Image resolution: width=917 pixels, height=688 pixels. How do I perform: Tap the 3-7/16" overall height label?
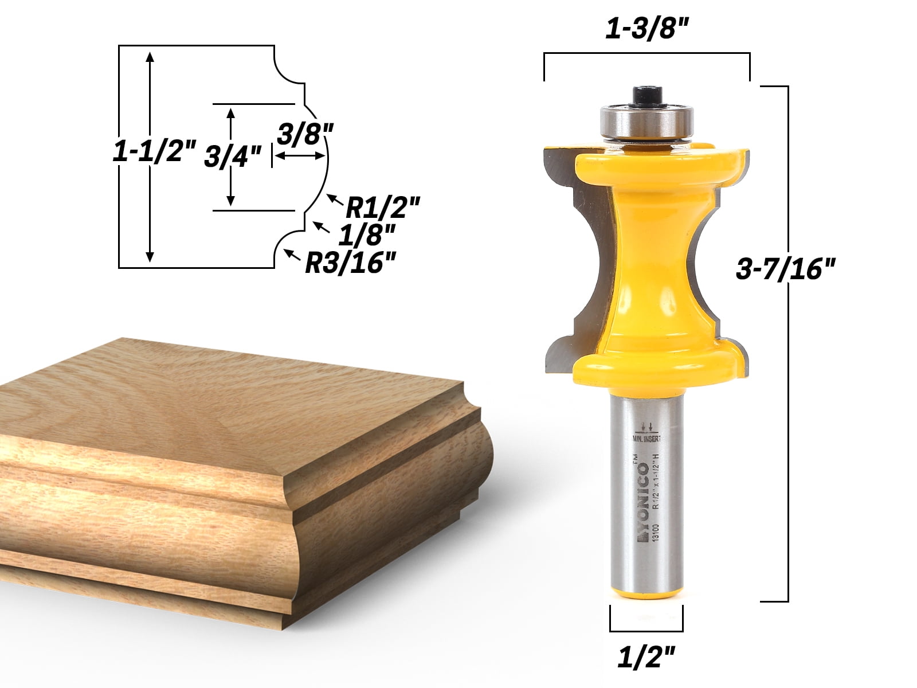coord(786,268)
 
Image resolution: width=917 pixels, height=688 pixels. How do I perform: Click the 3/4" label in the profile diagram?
coord(233,155)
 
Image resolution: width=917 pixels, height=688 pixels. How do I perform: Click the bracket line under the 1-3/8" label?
coord(646,53)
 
